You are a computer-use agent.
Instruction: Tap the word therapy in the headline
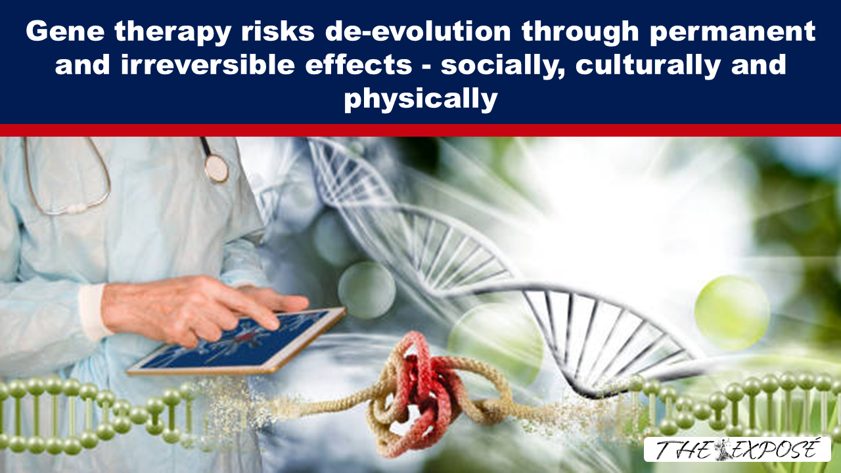(172, 34)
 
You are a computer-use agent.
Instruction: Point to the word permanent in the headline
(733, 34)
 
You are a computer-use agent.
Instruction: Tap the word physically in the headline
(420, 99)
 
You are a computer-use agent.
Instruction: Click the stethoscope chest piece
(216, 169)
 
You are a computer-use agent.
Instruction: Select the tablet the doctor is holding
(236, 341)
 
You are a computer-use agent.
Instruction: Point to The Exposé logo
(737, 449)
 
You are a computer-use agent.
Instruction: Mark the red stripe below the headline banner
(420, 130)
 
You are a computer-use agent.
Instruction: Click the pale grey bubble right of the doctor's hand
(367, 290)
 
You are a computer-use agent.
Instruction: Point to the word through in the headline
(580, 34)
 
